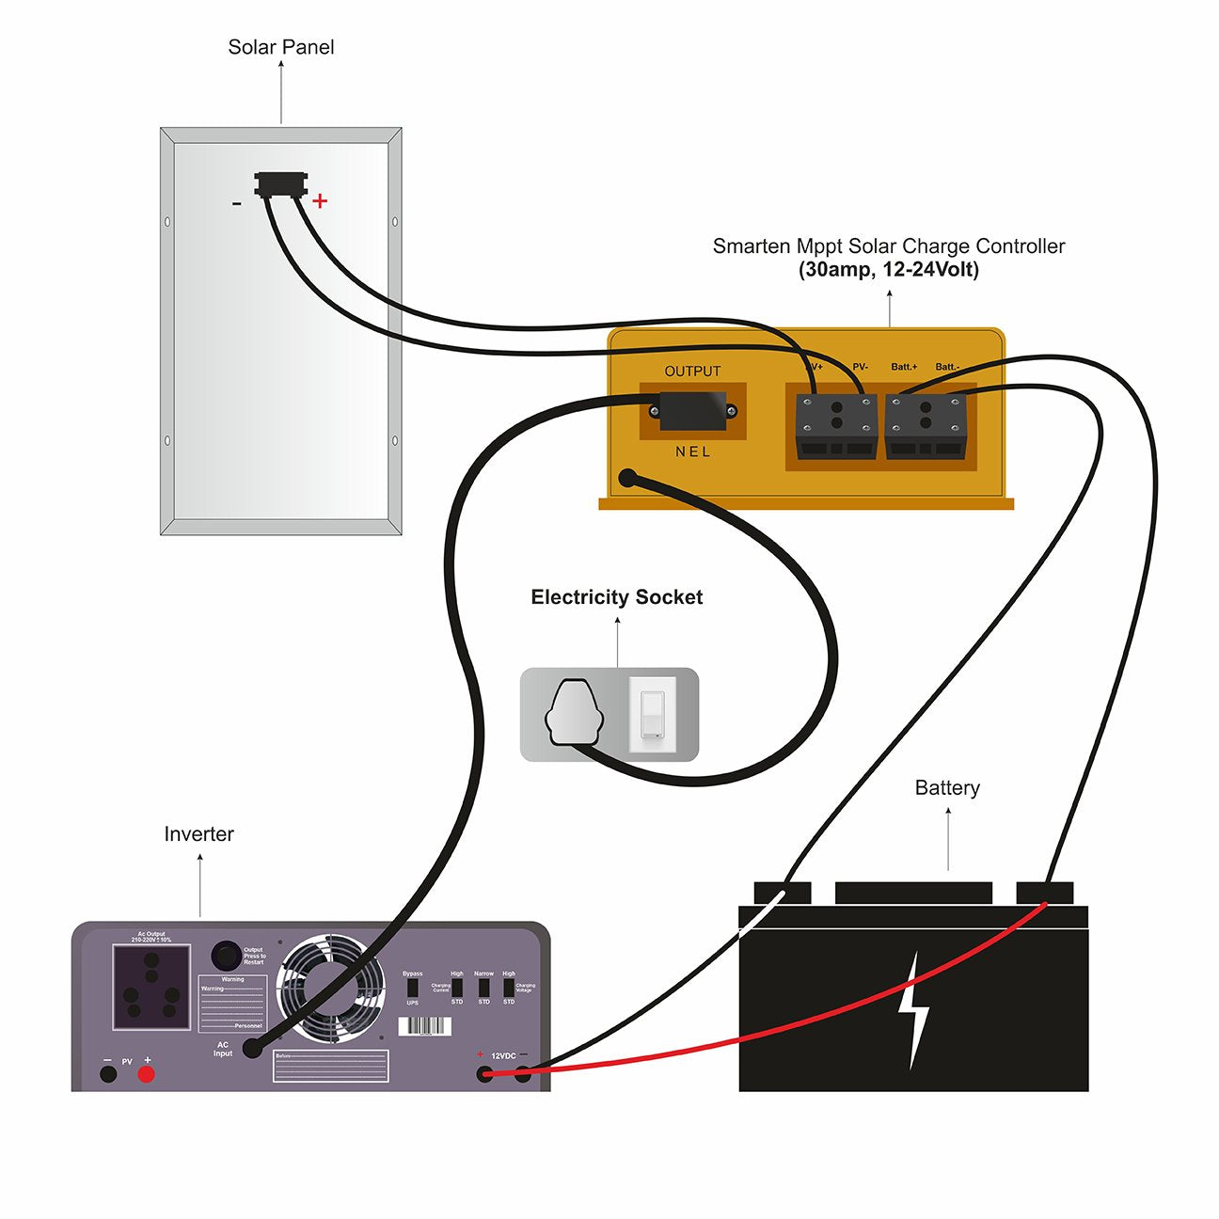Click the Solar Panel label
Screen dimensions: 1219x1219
coord(280,47)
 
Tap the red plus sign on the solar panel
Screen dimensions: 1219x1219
coord(320,200)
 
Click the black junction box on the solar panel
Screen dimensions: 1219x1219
coord(280,182)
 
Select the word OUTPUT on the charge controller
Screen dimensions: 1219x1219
coord(692,372)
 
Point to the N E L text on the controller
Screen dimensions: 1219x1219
coord(692,452)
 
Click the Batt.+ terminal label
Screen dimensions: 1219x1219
coord(903,367)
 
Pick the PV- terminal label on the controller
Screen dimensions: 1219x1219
coord(860,367)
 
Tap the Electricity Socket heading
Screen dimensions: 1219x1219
coord(616,597)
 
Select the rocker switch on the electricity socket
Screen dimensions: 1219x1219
coord(652,715)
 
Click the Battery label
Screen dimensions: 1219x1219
coord(947,788)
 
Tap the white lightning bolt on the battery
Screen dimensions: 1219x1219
coord(913,1011)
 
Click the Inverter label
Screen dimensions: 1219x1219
coord(198,834)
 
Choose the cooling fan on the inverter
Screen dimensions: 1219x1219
coord(330,988)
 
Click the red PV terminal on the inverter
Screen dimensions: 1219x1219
coord(146,1074)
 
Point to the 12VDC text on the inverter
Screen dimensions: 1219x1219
coord(503,1056)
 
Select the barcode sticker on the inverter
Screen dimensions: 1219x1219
coord(424,1026)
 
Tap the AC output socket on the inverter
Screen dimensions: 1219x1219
coord(151,988)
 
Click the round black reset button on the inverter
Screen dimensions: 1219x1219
coord(225,955)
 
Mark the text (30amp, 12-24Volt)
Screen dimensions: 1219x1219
coord(888,270)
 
